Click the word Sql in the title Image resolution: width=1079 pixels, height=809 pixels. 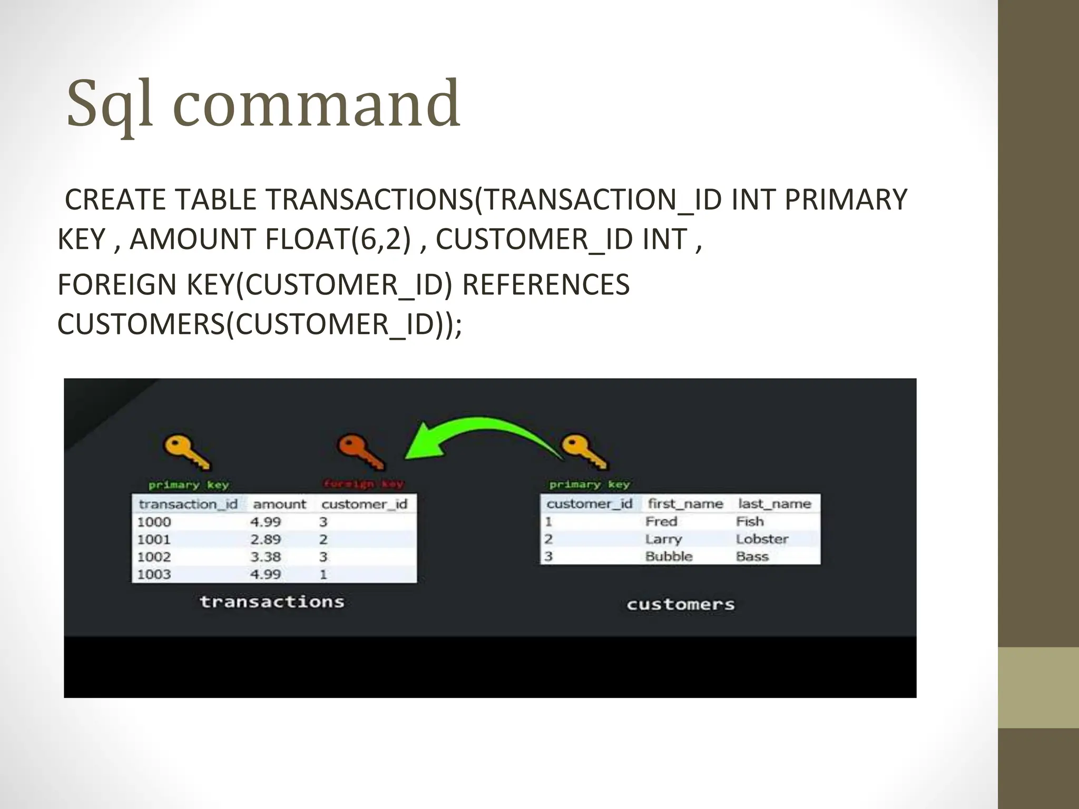point(111,104)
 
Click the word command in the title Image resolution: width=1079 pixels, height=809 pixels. point(316,104)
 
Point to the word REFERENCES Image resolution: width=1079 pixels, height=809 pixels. point(545,285)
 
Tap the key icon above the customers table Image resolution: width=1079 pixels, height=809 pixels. point(584,452)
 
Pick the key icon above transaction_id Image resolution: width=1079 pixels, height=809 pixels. point(187,452)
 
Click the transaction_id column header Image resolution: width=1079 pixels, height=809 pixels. point(188,505)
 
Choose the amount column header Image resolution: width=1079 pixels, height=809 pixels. point(279,505)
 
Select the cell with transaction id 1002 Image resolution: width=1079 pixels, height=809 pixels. point(154,557)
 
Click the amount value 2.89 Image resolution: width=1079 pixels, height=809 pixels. point(266,539)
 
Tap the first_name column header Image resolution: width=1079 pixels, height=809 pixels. point(685,504)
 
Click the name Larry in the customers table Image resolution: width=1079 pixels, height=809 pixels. point(663,539)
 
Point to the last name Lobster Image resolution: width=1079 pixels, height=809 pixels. point(762,539)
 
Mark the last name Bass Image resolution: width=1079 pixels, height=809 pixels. point(752,556)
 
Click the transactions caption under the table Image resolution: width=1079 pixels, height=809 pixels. point(272,601)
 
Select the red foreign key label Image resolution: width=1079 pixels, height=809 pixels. point(364,484)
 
